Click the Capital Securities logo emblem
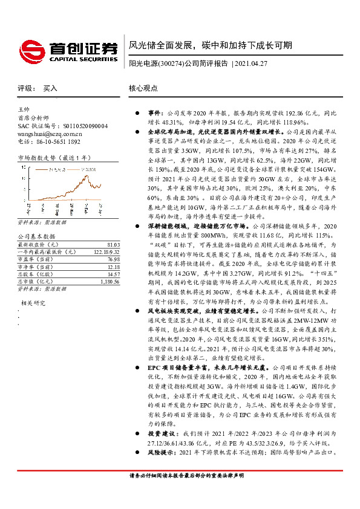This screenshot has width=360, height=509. (29, 48)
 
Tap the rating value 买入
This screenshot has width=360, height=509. (51, 88)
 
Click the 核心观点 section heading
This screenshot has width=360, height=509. (143, 88)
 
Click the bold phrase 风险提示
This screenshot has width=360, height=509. (161, 452)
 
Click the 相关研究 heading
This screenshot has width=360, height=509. (33, 302)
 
